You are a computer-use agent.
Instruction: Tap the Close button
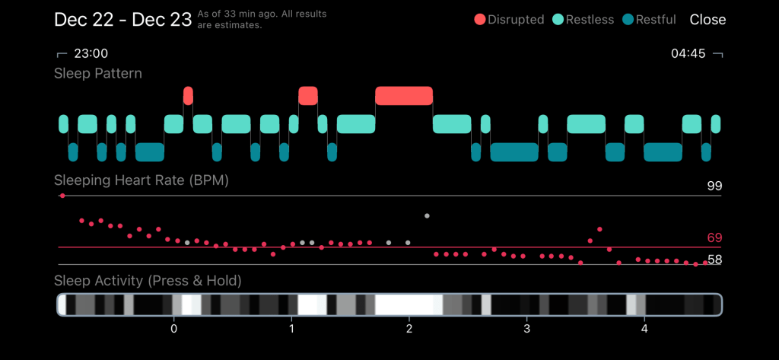click(707, 20)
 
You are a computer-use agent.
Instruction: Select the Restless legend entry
click(584, 20)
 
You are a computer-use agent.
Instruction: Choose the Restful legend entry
click(650, 20)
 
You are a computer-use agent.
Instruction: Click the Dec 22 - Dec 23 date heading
click(122, 20)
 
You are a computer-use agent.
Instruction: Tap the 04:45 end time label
click(688, 53)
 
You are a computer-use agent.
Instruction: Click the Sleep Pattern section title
click(98, 74)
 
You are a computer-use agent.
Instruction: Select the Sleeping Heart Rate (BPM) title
click(141, 181)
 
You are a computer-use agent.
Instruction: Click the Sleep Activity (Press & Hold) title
click(148, 281)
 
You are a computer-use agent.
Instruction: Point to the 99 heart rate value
click(714, 186)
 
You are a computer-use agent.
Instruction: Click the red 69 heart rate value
click(714, 238)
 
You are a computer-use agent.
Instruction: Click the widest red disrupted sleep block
click(404, 96)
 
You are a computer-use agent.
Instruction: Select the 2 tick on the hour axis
click(409, 329)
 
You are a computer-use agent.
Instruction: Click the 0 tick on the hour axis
click(174, 329)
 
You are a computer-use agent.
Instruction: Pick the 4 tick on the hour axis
click(644, 329)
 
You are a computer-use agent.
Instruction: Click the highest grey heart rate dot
click(427, 216)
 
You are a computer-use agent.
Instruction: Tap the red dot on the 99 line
click(62, 196)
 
